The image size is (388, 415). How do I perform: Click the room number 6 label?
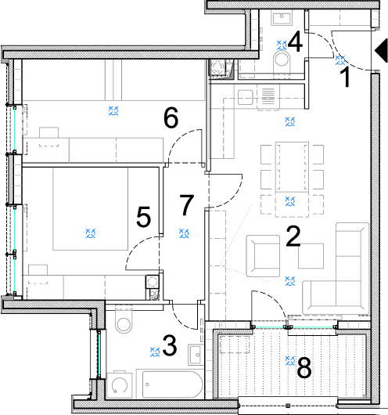pos(171,118)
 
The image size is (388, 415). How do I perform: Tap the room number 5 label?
pos(144,218)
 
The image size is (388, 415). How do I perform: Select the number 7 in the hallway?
pos(187,204)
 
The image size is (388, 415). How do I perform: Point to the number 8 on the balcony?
pos(304,367)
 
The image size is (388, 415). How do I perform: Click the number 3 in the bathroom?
pos(170,345)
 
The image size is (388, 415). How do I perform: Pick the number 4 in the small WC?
pos(295,41)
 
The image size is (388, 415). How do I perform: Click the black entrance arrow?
pos(381,51)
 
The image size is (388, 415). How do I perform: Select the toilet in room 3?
pos(124,319)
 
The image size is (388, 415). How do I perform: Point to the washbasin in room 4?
pos(282,18)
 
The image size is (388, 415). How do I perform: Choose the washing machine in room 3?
pos(120,385)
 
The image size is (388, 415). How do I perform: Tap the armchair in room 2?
pos(263,256)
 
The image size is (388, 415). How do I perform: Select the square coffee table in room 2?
pos(311,256)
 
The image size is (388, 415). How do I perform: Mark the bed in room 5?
pos(91,209)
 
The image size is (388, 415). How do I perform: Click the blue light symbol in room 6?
pos(113,110)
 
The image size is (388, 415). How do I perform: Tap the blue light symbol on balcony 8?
pos(290,361)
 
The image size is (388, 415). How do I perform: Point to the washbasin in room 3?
pos(196,355)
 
